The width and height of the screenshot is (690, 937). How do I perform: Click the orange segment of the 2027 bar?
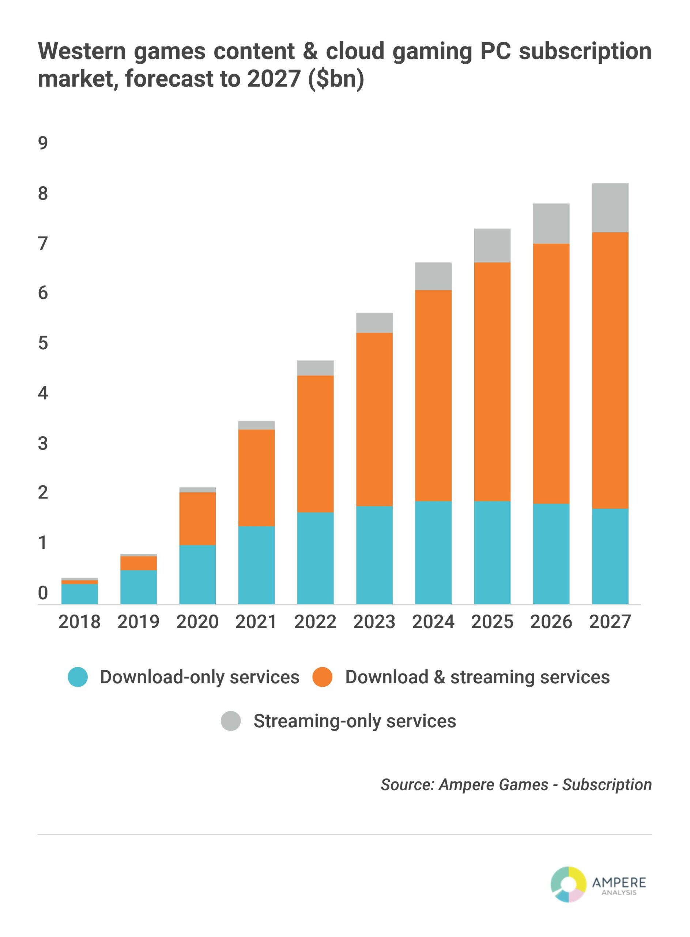[x=610, y=370]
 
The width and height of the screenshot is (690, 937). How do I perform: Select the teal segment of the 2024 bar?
[x=433, y=552]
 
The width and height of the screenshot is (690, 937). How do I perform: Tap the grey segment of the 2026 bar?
[x=551, y=223]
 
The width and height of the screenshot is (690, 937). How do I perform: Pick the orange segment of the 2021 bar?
[x=256, y=478]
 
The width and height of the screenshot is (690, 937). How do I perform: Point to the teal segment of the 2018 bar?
[x=79, y=594]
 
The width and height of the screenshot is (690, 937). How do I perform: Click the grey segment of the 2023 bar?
[x=374, y=323]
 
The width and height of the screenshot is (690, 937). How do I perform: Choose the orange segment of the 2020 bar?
[x=197, y=519]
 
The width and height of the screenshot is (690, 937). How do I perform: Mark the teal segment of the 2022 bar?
[x=315, y=558]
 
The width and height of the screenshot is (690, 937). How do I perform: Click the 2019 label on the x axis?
[x=138, y=622]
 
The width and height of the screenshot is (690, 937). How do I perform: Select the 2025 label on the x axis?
[x=492, y=622]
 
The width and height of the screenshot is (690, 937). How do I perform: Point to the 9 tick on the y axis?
[x=43, y=143]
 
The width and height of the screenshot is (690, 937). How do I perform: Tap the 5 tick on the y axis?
[x=43, y=343]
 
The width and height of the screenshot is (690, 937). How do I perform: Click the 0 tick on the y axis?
[x=43, y=593]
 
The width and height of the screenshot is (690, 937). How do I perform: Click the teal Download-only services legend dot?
[x=78, y=677]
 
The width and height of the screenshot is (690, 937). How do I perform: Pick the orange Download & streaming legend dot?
[x=322, y=677]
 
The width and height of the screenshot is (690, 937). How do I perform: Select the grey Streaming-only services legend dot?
[x=231, y=721]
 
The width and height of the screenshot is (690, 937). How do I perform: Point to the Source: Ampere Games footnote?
[x=516, y=785]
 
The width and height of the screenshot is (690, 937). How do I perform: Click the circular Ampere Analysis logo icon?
[x=568, y=884]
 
